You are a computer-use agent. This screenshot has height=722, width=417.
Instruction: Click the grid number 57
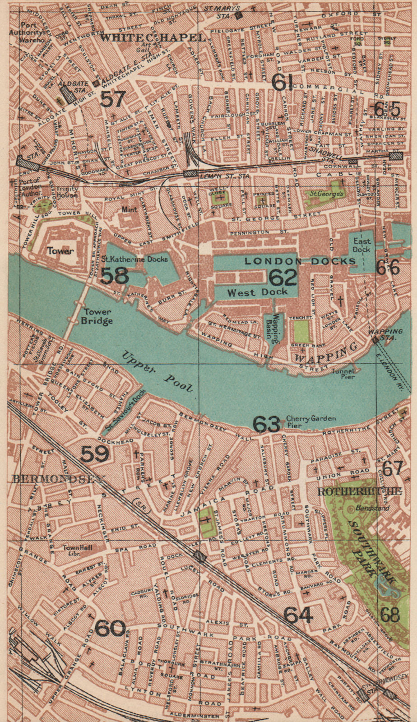(112, 99)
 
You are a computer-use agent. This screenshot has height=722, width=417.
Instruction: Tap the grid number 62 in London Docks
(283, 277)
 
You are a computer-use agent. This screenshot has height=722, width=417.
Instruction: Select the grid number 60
(111, 628)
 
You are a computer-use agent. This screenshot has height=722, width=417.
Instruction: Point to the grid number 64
(298, 615)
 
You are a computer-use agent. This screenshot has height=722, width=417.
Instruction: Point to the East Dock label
(361, 245)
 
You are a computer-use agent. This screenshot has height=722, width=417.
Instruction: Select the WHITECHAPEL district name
(153, 38)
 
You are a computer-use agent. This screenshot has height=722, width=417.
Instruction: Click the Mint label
(129, 209)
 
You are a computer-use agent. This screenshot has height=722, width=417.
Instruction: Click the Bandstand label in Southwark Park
(369, 507)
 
